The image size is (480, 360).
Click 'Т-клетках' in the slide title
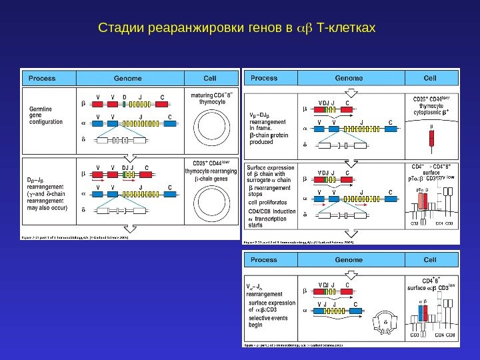click(348, 29)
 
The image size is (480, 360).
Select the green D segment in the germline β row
click(125, 105)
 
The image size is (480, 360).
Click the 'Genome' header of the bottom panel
click(349, 259)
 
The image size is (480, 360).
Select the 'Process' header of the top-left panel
click(42, 77)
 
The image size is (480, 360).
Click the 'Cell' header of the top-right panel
click(430, 78)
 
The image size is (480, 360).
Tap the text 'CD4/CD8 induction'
click(272, 211)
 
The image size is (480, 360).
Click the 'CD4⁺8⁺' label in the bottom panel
click(431, 281)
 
